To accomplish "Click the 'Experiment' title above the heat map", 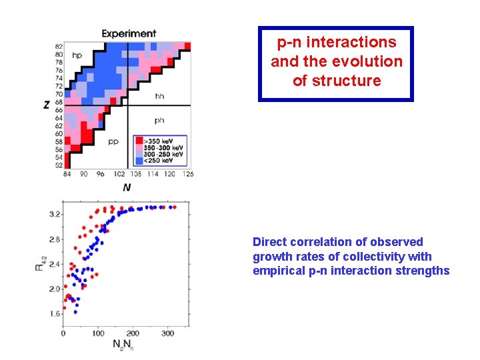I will pyautogui.click(x=129, y=33).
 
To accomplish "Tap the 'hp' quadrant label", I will pyautogui.click(x=77, y=56).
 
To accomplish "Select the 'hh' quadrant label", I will pyautogui.click(x=159, y=97).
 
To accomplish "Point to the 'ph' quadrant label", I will pyautogui.click(x=159, y=121).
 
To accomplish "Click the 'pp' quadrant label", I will pyautogui.click(x=113, y=141).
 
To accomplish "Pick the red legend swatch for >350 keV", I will pyautogui.click(x=139, y=141).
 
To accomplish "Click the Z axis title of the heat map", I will pyautogui.click(x=47, y=105).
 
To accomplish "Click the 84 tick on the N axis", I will pyautogui.click(x=67, y=175).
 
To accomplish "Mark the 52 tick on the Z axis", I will pyautogui.click(x=59, y=165).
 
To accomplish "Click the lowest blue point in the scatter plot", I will pyautogui.click(x=75, y=311).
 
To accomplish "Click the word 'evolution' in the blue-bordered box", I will pyautogui.click(x=371, y=61).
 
